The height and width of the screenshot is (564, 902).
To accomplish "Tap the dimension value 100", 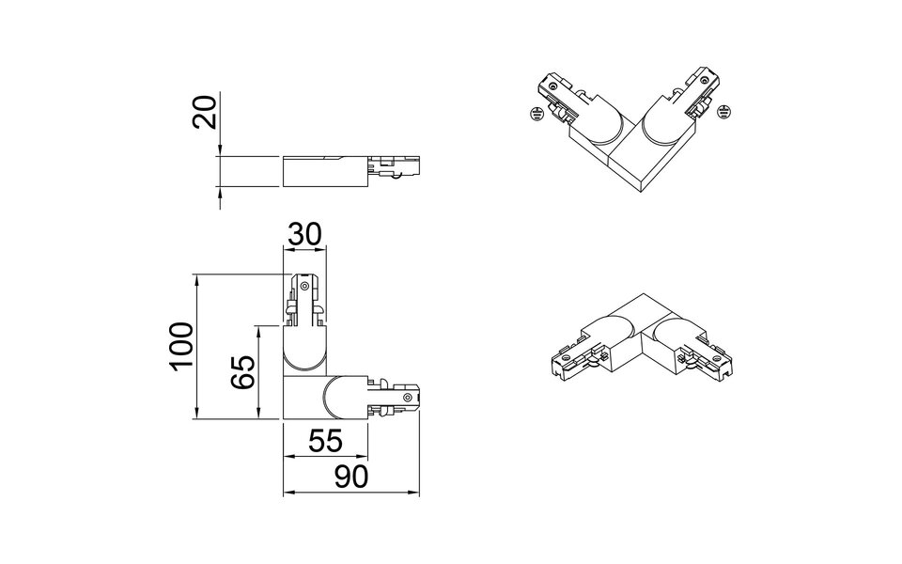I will coord(182,346).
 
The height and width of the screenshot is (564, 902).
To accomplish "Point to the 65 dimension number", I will coord(243,373).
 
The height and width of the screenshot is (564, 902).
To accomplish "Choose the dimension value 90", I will coord(350,478).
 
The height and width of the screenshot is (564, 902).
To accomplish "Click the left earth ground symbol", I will coord(535,114).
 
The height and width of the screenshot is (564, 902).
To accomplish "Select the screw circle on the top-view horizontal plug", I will coord(407,398).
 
